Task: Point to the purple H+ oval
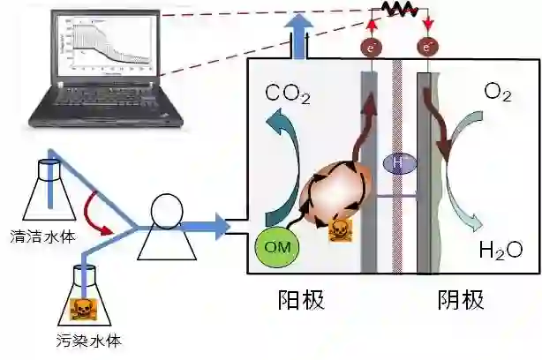coord(398,162)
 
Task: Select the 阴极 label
coord(460,300)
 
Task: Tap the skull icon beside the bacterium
coord(339,231)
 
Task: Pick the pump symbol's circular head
coord(168,210)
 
